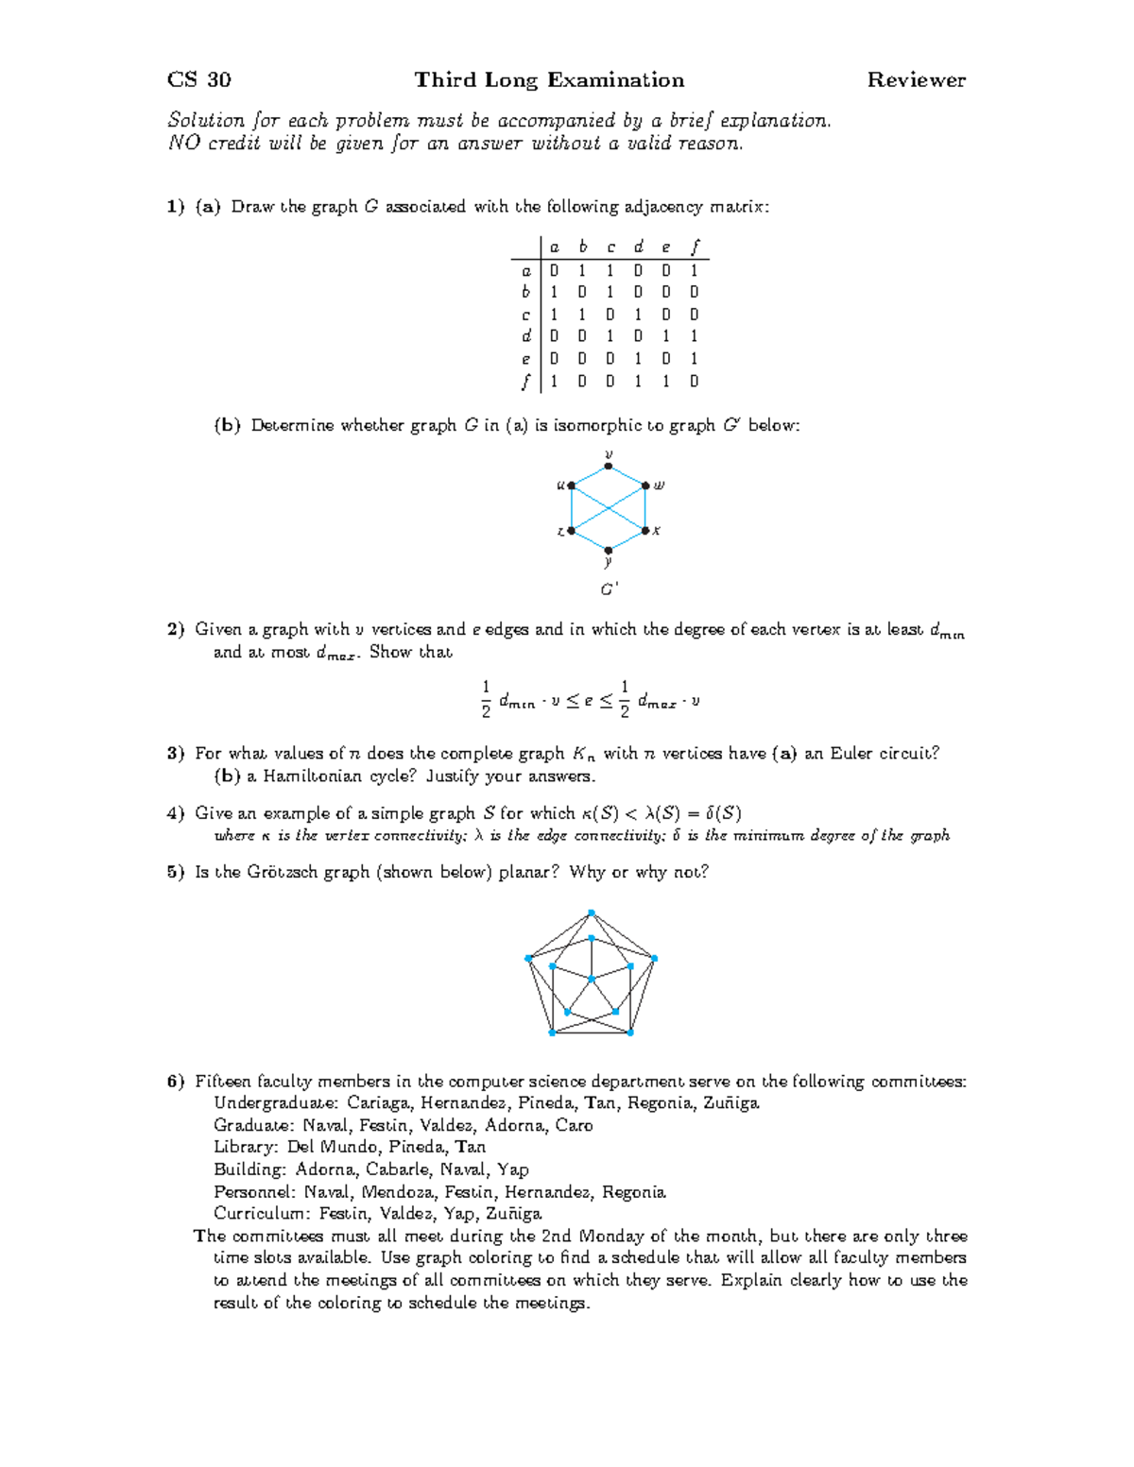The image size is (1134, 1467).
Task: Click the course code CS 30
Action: click(198, 80)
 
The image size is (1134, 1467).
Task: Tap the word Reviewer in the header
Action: click(916, 80)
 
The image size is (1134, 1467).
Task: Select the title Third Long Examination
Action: click(549, 80)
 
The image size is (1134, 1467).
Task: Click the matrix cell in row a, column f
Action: click(694, 270)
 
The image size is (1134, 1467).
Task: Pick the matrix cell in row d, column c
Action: click(610, 336)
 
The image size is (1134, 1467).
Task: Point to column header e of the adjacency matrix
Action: click(665, 247)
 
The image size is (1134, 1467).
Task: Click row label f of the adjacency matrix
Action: click(525, 382)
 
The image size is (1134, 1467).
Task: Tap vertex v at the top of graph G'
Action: click(609, 466)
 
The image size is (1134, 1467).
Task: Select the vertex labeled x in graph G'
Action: click(645, 530)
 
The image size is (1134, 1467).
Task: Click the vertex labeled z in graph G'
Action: click(571, 531)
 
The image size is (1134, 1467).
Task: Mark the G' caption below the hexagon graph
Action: click(610, 589)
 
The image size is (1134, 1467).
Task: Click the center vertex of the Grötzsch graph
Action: click(591, 979)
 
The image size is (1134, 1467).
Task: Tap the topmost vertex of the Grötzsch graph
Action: click(591, 913)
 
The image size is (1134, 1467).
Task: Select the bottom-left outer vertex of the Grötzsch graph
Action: click(552, 1033)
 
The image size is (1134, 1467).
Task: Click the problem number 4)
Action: click(176, 813)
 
